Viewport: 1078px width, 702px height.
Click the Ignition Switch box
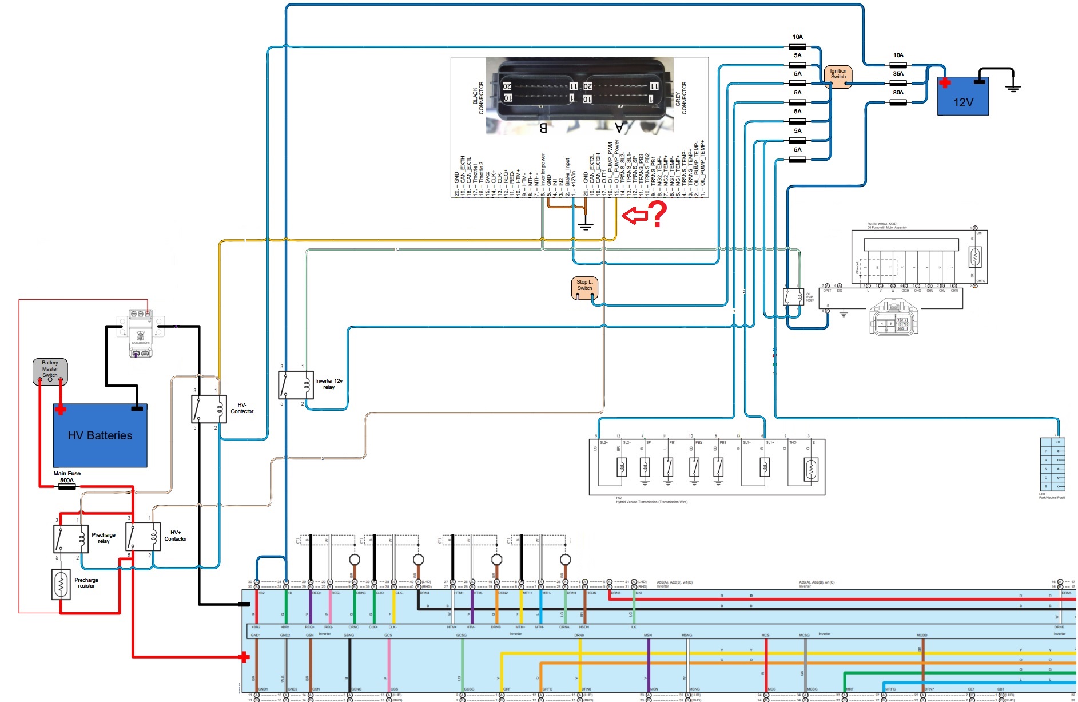click(838, 77)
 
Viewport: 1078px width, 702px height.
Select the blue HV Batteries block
click(100, 435)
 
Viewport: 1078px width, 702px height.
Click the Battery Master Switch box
click(50, 371)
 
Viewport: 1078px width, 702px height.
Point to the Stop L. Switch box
click(584, 288)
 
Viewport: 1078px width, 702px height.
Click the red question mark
click(658, 214)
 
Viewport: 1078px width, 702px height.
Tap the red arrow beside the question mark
click(634, 216)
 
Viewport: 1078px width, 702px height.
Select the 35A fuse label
click(898, 74)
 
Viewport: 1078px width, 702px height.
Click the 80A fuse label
click(898, 93)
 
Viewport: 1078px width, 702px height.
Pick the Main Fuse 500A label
click(67, 477)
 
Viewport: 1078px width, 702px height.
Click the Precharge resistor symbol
click(61, 584)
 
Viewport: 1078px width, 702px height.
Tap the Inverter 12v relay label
click(329, 384)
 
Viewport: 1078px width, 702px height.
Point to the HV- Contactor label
click(242, 408)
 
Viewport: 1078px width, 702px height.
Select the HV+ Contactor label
click(176, 536)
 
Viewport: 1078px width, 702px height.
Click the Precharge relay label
click(104, 538)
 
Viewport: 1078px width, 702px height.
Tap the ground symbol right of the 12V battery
click(1013, 88)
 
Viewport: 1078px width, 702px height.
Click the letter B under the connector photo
click(543, 128)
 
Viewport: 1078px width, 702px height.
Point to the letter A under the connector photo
click(619, 128)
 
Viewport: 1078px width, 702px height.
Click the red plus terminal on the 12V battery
click(945, 83)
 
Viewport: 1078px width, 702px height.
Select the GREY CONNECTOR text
click(681, 98)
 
